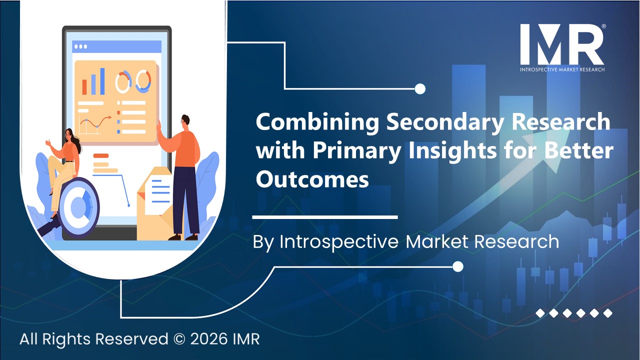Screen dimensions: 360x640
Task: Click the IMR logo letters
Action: pos(561,44)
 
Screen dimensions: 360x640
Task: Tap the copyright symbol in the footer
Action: pos(180,339)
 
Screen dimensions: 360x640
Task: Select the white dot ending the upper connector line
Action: pos(420,89)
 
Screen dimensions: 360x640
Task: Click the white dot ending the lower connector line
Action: pos(457,267)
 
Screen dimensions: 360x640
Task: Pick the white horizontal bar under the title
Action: pos(325,217)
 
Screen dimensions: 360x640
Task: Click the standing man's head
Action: pos(184,121)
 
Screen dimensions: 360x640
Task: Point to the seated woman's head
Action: pos(70,135)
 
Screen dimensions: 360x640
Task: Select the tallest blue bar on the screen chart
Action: pos(102,81)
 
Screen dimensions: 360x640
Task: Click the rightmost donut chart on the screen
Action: pos(143,81)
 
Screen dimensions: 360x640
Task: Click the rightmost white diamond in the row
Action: pos(607,313)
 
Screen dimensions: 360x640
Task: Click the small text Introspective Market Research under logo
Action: pos(562,69)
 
